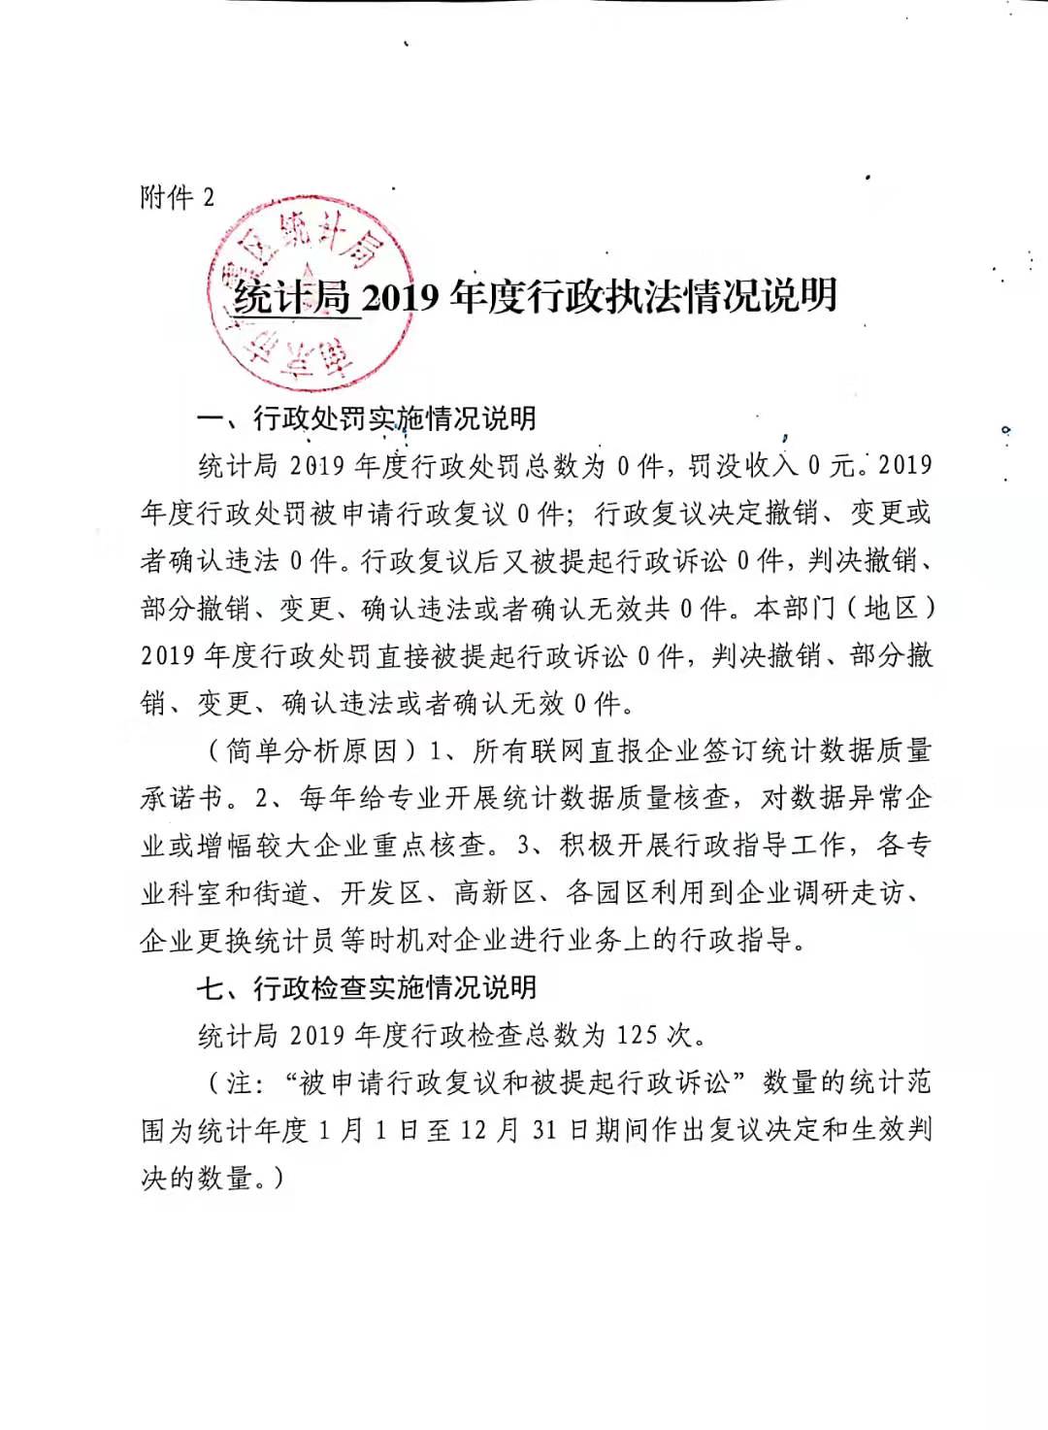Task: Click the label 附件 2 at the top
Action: [x=178, y=197]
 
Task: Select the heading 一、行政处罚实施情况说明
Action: [x=367, y=418]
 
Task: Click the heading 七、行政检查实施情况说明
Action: [x=367, y=988]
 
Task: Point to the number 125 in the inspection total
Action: [x=636, y=1035]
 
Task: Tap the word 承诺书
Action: [x=182, y=798]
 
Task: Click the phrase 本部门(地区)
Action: [x=844, y=609]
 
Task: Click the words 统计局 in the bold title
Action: [x=291, y=296]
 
